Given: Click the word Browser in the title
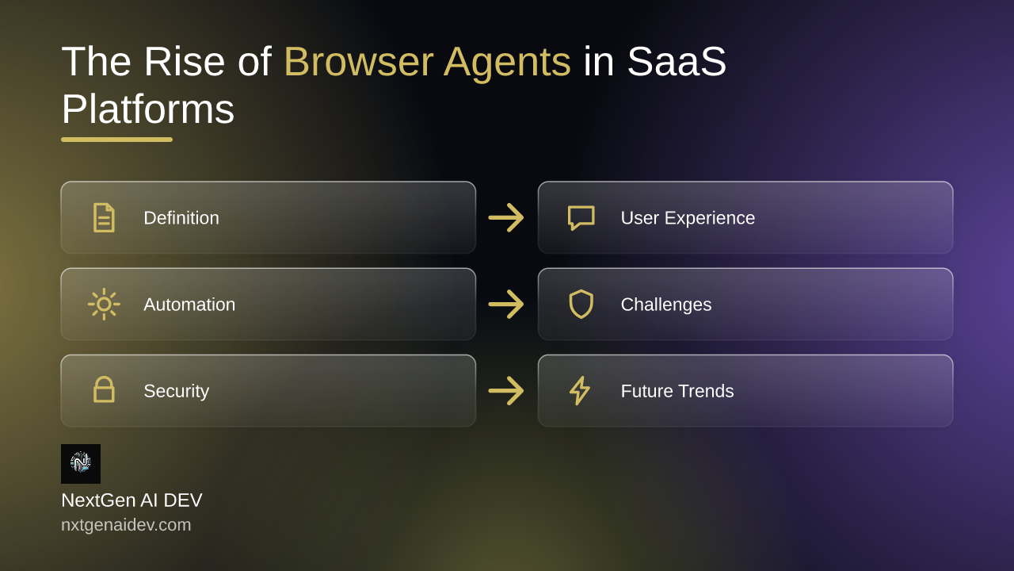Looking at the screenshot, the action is pos(359,61).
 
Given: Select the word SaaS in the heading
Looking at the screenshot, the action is pos(677,61).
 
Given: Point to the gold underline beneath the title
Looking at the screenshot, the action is pos(116,140).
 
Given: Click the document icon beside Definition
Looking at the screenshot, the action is pos(104,217).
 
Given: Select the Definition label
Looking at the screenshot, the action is pos(181,218).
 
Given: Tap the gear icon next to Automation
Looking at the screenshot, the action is pos(104,304).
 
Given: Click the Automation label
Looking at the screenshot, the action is pos(189,305).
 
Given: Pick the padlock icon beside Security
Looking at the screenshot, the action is pos(104,389).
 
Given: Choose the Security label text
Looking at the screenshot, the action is pos(176,392).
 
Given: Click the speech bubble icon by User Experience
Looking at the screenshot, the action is pos(581,218).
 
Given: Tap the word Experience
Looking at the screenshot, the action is pos(716,218).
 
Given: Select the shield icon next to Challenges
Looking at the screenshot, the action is pos(581,304).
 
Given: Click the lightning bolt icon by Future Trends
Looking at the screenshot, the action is pos(580,390).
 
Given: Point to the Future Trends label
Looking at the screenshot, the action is pos(677,391).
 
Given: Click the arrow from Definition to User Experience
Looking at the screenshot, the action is pos(506,217).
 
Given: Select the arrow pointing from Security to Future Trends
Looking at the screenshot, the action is pos(506,391).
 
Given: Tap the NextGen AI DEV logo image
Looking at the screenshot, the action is pos(81,464).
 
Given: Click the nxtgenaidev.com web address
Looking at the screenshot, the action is pos(126,525).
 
